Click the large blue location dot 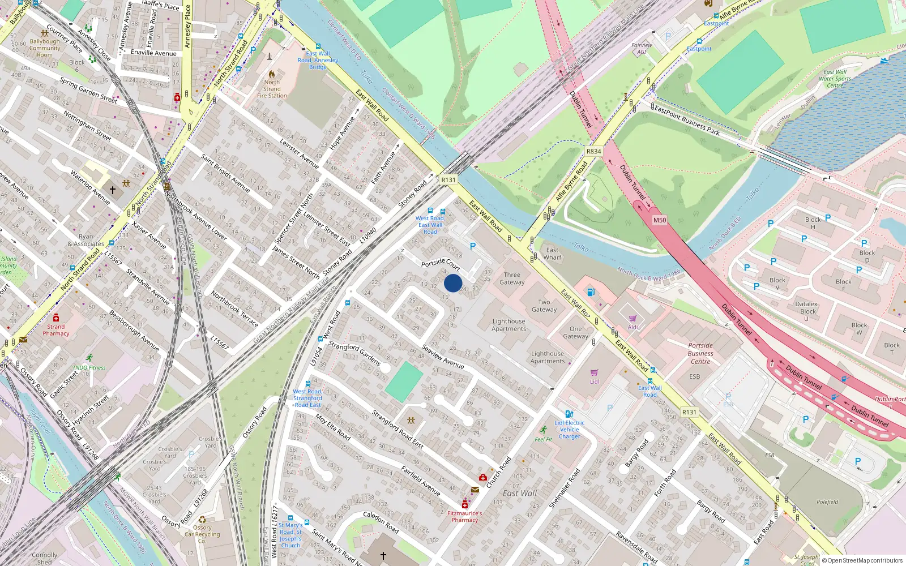pos(453,283)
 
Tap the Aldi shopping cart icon pos(633,318)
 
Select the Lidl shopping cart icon pos(594,372)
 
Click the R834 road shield pos(593,152)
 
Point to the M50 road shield pos(660,220)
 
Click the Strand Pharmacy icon pos(56,318)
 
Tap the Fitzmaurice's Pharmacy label pos(464,517)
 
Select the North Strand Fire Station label pos(272,89)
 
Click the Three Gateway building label pos(511,278)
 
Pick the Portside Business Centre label pos(700,353)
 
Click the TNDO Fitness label pos(89,367)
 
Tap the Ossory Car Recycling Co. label pos(202,534)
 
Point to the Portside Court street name pos(441,264)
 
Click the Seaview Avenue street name pos(443,357)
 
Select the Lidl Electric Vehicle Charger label pos(570,430)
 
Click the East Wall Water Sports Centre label pos(835,79)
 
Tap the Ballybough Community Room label pos(45,48)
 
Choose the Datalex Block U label pos(806,311)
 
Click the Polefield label pos(827,502)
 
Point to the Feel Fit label pos(543,439)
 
